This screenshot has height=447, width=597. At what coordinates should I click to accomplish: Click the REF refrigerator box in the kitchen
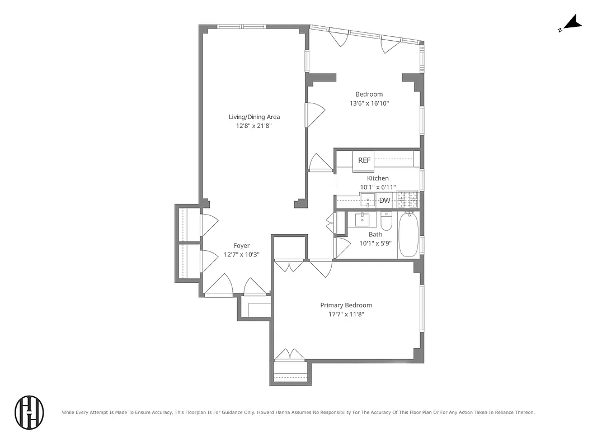364,160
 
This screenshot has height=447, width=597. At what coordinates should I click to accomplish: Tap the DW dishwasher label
384,201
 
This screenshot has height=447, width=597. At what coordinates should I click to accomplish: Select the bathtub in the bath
408,235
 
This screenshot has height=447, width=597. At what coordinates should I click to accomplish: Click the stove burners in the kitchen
407,199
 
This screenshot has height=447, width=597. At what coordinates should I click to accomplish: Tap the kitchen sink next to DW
368,199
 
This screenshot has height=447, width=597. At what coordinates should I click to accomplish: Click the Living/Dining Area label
254,117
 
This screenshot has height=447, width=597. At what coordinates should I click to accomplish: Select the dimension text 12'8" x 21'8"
254,126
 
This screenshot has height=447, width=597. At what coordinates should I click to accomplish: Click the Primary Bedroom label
346,305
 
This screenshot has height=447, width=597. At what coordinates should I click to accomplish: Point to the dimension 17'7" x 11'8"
346,314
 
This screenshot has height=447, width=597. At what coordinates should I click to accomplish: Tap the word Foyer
241,246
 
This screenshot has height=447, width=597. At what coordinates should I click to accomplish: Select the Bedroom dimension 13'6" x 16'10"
369,103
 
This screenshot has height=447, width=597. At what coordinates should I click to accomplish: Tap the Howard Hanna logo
29,412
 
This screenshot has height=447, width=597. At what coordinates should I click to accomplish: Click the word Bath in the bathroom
375,235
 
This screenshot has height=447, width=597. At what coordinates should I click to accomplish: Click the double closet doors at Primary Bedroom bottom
290,355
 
